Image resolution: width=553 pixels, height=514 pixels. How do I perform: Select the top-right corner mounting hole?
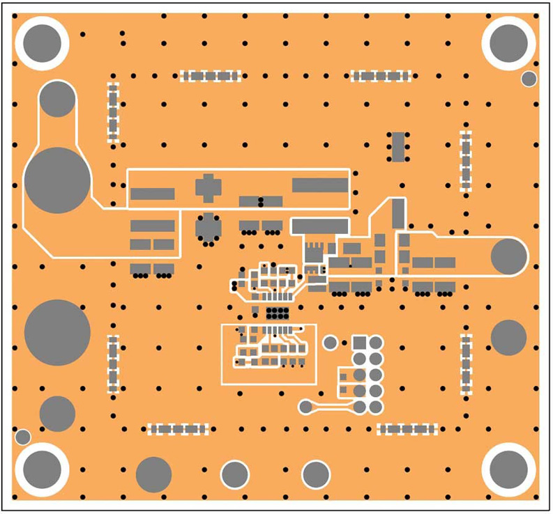[x=509, y=43]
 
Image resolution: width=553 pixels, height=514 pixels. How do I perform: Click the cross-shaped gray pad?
[x=208, y=187]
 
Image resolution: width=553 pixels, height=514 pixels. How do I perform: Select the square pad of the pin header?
[x=360, y=343]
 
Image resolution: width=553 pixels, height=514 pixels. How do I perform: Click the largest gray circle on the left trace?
[x=58, y=180]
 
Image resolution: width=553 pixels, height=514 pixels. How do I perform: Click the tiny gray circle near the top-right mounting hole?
[x=529, y=79]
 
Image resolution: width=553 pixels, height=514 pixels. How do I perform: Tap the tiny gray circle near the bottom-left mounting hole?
[x=23, y=437]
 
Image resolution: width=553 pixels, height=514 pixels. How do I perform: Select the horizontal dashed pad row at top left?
[x=211, y=75]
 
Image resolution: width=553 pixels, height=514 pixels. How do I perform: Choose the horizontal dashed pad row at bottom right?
[x=408, y=429]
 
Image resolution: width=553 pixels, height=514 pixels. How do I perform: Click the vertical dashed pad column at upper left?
[x=113, y=113]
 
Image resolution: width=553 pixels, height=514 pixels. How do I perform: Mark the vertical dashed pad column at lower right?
[x=466, y=364]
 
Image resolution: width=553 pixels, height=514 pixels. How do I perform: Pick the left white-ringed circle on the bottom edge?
[x=235, y=475]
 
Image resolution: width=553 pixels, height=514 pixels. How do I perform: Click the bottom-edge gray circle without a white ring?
[x=153, y=475]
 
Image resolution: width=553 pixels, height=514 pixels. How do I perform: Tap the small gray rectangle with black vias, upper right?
[x=398, y=146]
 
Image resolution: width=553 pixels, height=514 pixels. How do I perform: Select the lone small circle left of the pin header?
[x=331, y=342]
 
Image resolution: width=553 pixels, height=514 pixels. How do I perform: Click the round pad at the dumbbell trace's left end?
[x=305, y=407]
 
